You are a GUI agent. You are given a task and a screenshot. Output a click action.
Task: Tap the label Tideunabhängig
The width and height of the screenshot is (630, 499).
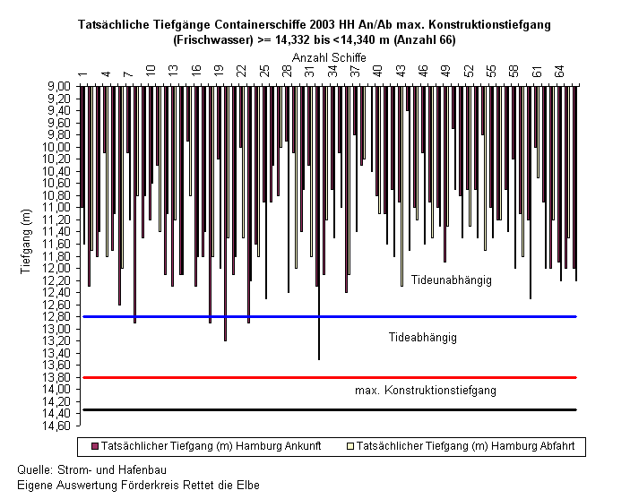pos(451,280)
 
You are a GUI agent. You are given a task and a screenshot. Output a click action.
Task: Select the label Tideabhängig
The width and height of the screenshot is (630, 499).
pos(423,337)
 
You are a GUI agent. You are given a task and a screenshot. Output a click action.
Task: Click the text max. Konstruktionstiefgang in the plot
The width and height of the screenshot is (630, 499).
pos(426,390)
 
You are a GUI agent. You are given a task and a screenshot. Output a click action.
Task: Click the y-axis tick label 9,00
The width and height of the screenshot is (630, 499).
pos(59,86)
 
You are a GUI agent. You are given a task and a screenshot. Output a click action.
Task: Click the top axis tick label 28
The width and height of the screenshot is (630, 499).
pos(287,71)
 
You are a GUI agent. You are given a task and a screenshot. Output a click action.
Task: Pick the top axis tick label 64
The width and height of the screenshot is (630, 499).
pos(559,71)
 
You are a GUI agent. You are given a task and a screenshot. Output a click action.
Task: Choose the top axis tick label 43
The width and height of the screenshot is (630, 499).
pos(401,71)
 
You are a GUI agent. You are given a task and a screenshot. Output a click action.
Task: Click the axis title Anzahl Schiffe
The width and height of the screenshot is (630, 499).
pos(329,58)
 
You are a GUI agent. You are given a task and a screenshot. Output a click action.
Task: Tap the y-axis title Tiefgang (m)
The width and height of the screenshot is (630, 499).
pos(26,242)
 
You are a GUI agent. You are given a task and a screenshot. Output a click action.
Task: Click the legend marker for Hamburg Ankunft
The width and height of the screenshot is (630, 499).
pos(95,446)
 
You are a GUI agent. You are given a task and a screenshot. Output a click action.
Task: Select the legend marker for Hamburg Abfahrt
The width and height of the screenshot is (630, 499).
pos(350,446)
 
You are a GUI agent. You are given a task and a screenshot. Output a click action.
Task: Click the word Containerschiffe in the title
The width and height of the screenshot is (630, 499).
pos(260,24)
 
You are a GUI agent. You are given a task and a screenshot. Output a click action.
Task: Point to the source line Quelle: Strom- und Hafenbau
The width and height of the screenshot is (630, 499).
pos(91,470)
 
